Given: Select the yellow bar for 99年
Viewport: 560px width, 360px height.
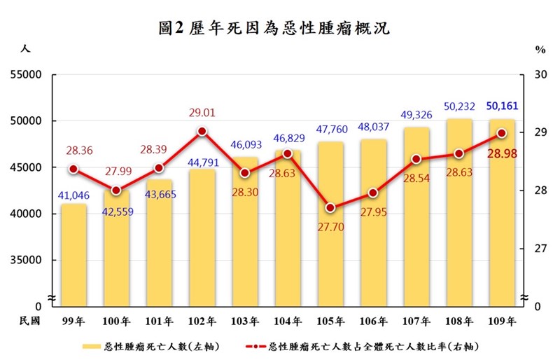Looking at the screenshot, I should click(73, 256).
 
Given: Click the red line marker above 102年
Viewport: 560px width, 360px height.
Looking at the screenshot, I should click(202, 131).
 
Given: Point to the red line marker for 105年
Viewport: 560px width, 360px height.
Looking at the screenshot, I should click(330, 208).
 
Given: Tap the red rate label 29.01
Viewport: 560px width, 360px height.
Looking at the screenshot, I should click(202, 112).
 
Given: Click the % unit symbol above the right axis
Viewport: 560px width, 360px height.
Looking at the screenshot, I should click(540, 50).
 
